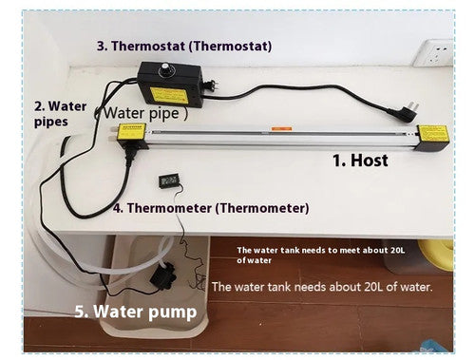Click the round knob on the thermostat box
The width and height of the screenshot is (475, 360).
click(164, 69)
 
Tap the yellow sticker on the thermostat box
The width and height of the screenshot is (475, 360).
click(168, 95)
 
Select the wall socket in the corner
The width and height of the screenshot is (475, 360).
click(434, 52)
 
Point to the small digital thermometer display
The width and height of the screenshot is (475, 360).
click(167, 181)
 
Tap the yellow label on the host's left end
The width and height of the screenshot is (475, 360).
click(131, 132)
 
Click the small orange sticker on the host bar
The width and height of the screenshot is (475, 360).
click(281, 129)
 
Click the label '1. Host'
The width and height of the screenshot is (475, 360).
click(360, 161)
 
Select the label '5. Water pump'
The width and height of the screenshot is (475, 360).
click(136, 312)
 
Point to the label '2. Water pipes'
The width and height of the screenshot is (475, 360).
click(60, 114)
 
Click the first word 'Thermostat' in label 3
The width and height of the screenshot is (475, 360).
click(148, 46)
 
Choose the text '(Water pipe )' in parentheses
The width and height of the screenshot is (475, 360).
click(142, 113)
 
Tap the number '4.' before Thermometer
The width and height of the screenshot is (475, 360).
click(119, 208)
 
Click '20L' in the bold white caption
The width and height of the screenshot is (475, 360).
click(397, 250)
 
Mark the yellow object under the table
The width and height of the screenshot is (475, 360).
click(436, 254)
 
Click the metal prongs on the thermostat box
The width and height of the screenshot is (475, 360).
click(215, 84)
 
